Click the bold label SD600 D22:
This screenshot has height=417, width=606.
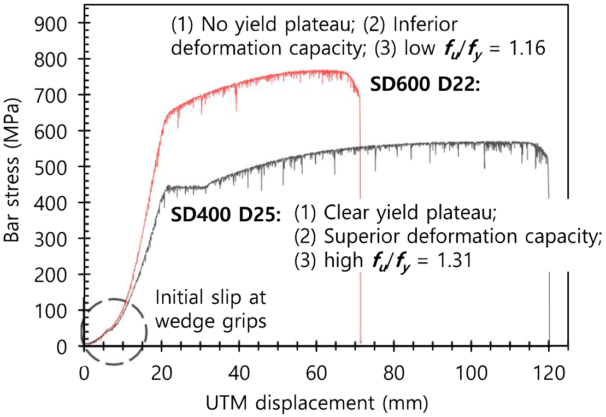[425, 86]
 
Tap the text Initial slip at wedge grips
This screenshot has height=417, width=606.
[211, 309]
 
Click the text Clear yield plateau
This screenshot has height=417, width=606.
[407, 213]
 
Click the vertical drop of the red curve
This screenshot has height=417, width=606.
[360, 219]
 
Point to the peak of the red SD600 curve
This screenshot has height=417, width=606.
[328, 71]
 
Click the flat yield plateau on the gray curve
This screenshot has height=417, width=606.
[186, 188]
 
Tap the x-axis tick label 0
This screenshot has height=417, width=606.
[84, 375]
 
